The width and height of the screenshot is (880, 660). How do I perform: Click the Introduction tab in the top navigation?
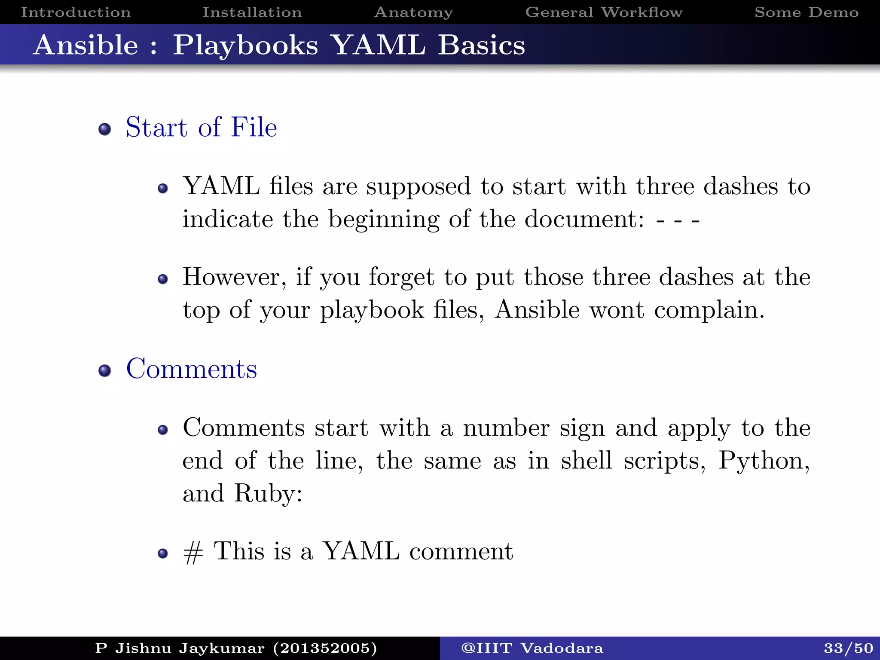(76, 12)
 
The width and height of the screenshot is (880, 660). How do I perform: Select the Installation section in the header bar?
(252, 12)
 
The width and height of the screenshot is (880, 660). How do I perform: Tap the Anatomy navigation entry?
(413, 12)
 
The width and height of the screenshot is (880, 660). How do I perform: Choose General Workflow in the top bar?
(604, 12)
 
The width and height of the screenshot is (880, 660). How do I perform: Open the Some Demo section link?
(807, 12)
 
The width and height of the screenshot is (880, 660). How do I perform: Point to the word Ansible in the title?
(86, 45)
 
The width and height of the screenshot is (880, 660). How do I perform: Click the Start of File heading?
(201, 127)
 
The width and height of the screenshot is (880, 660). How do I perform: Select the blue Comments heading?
(192, 369)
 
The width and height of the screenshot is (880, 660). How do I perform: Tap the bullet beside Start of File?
(104, 129)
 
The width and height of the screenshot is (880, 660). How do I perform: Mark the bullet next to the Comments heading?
(104, 370)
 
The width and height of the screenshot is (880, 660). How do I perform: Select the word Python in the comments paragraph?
(764, 461)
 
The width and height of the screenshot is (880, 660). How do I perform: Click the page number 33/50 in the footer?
(848, 648)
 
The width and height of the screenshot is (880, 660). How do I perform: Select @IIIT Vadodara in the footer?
(532, 648)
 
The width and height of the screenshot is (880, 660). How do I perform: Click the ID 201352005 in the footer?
(325, 648)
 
